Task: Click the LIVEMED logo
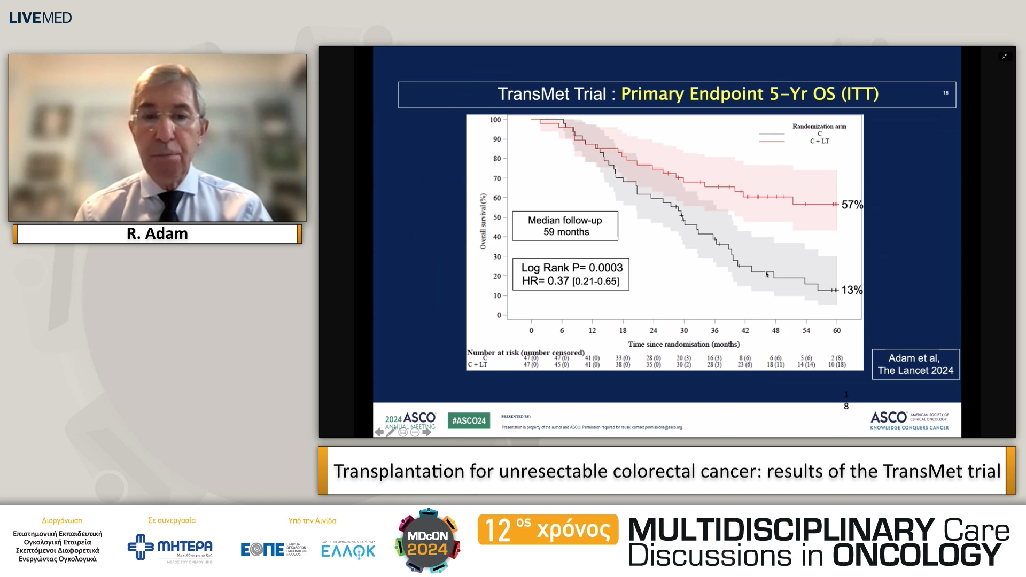(x=40, y=18)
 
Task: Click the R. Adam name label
(x=157, y=234)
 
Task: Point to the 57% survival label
(x=852, y=205)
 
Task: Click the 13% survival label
(x=852, y=290)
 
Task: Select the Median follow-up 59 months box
(x=565, y=226)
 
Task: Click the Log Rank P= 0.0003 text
(x=572, y=268)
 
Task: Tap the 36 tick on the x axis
(x=714, y=330)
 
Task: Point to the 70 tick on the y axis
(x=497, y=178)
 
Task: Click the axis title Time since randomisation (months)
(x=683, y=344)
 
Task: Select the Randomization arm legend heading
(x=819, y=127)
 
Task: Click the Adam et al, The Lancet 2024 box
(x=915, y=364)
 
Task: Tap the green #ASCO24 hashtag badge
(x=469, y=420)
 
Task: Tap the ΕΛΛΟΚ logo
(x=348, y=550)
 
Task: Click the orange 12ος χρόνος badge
(x=548, y=529)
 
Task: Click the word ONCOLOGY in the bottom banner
(x=916, y=555)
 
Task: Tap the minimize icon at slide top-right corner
(x=1005, y=56)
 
